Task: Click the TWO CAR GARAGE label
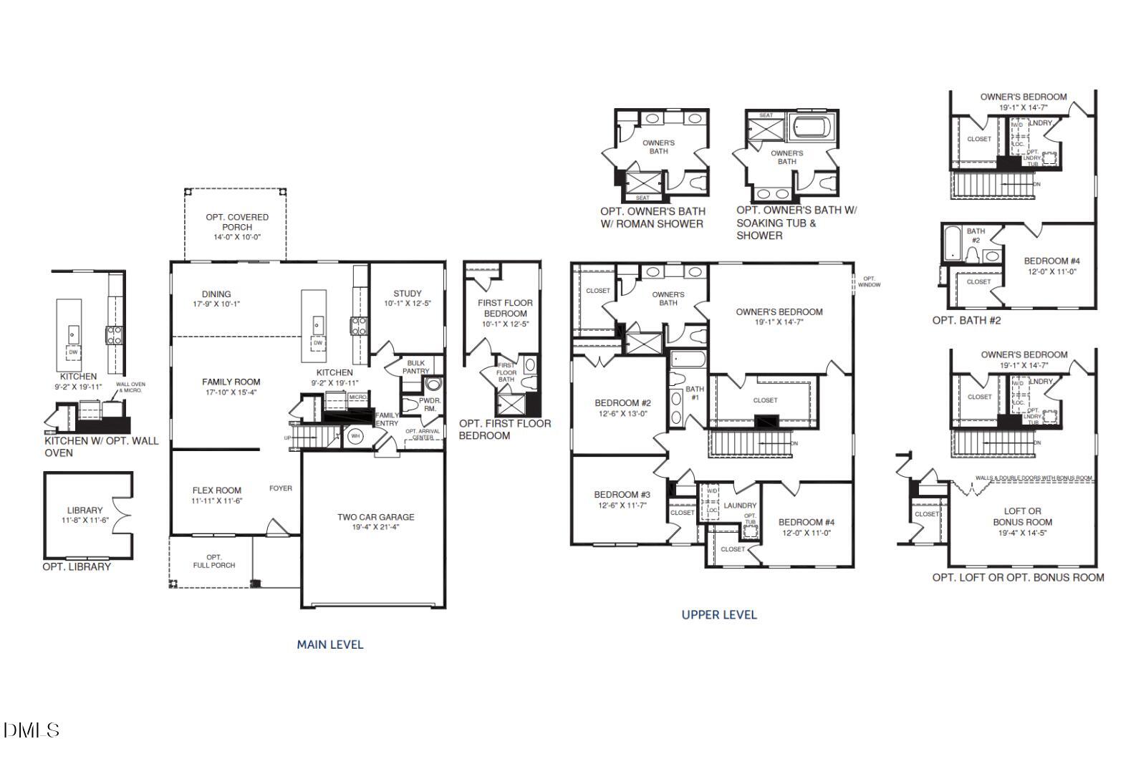(375, 517)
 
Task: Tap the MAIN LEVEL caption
(330, 644)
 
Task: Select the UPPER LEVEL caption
(718, 614)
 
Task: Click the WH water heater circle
(355, 435)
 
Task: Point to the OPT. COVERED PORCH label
(237, 222)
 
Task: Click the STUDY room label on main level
(408, 294)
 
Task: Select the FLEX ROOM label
(217, 491)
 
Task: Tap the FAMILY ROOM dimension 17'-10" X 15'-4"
(231, 392)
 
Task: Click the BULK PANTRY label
(415, 367)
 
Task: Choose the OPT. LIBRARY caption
(77, 566)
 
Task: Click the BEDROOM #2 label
(622, 403)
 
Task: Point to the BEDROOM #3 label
(622, 495)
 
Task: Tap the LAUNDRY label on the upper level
(740, 506)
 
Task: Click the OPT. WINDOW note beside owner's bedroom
(869, 281)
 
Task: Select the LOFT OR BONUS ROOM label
(1022, 516)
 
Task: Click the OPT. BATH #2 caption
(966, 320)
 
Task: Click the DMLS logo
(31, 730)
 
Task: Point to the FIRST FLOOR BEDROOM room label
(505, 308)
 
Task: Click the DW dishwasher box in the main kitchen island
(318, 343)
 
